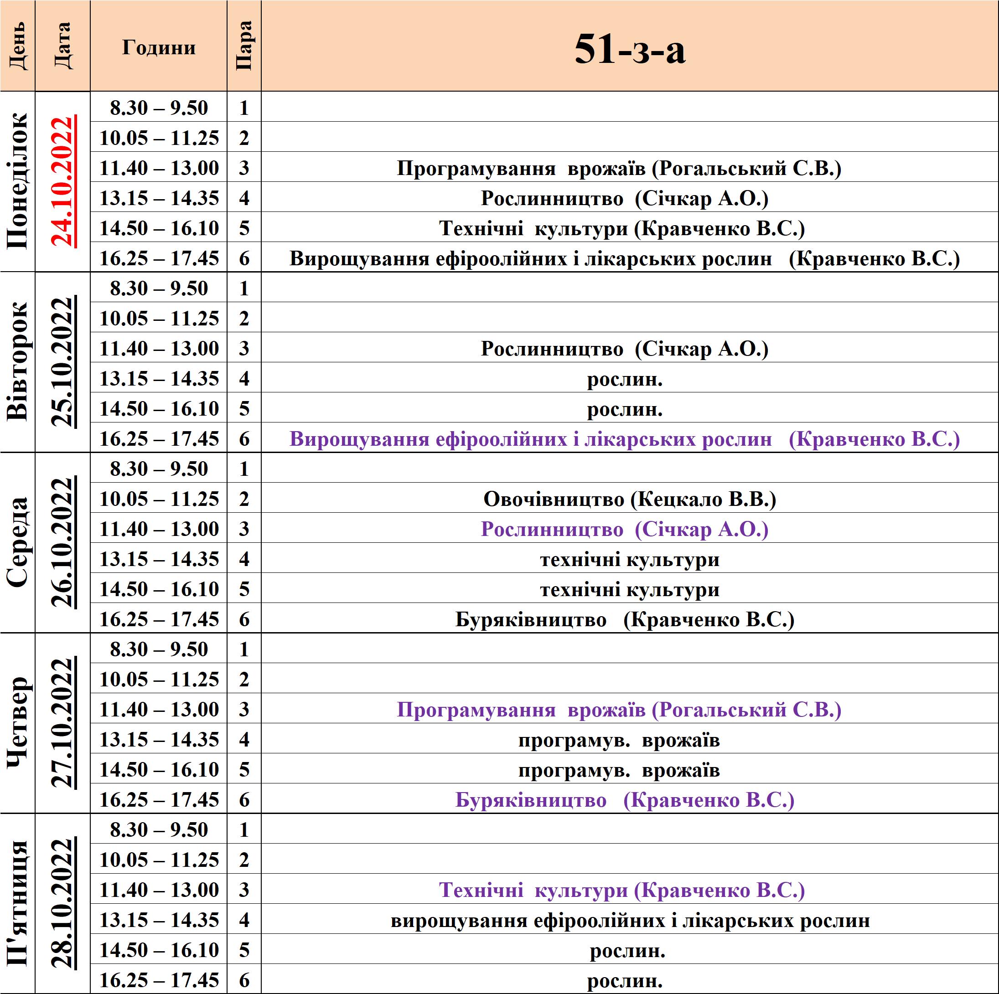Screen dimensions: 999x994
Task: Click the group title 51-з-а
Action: [x=630, y=50]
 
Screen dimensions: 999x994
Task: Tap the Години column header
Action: [x=159, y=47]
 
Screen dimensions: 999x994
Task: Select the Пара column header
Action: [x=243, y=46]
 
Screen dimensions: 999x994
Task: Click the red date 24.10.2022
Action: [x=62, y=181]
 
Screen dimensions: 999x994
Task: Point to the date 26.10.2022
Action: [x=62, y=542]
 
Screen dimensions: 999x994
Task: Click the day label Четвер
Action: [x=19, y=723]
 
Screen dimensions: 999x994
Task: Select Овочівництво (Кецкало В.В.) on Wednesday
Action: [x=630, y=500]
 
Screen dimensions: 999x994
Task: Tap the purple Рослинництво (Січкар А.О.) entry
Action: [x=625, y=529]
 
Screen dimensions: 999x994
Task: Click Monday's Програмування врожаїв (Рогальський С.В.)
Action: [x=619, y=169]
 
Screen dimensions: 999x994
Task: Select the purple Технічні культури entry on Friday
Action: [x=622, y=890]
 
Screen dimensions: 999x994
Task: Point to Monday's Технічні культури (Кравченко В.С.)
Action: [x=622, y=228]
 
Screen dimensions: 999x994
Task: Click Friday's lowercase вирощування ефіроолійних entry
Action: [x=630, y=921]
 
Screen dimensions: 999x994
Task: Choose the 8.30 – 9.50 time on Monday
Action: [x=159, y=108]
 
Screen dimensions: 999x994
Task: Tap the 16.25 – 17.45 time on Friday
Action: [x=159, y=980]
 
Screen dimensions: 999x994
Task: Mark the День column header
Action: [x=18, y=46]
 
